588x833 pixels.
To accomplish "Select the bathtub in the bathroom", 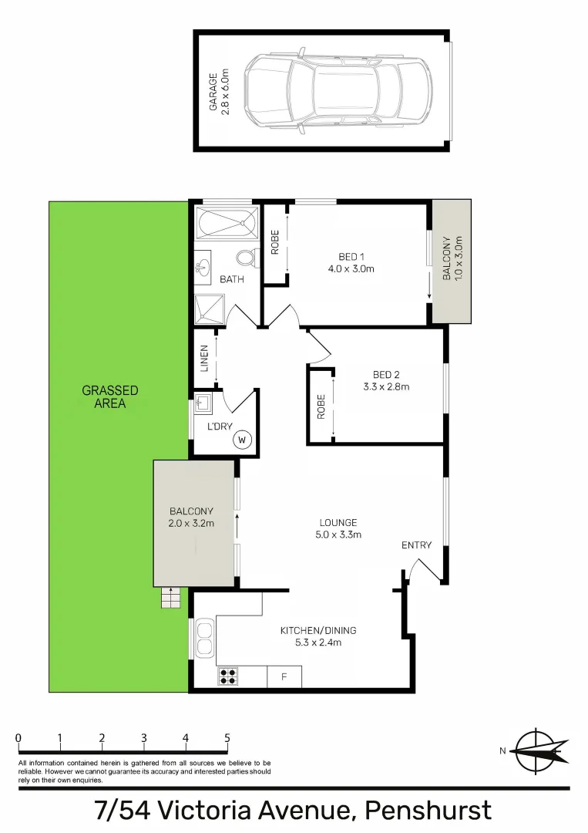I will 227,224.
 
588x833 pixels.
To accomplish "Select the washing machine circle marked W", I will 242,440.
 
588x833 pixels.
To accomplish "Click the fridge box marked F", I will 284,676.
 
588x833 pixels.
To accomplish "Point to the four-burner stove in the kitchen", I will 228,676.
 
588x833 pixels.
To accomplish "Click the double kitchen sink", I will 205,638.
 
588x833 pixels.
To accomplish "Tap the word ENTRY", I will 416,545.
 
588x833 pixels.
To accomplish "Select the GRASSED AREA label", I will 110,396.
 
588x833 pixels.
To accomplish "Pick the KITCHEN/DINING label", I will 318,636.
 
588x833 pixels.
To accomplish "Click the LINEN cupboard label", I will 204,358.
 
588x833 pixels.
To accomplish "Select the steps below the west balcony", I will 171,597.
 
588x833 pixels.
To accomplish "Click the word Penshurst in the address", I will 428,811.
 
